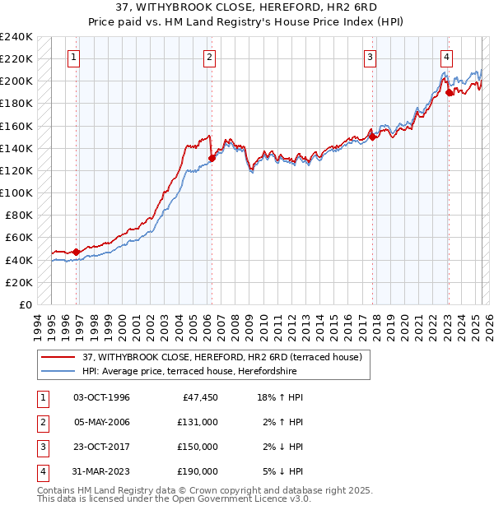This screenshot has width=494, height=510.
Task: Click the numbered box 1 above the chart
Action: pyautogui.click(x=74, y=58)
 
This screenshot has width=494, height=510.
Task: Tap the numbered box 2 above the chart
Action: pyautogui.click(x=210, y=58)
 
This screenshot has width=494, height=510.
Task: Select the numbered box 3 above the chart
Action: pyautogui.click(x=370, y=58)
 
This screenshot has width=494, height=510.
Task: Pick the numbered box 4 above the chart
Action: pyautogui.click(x=446, y=58)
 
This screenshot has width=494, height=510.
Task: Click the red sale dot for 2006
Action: pyautogui.click(x=212, y=159)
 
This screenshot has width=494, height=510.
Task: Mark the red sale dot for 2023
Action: pyautogui.click(x=449, y=93)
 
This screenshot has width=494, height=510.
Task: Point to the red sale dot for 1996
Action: pyautogui.click(x=77, y=252)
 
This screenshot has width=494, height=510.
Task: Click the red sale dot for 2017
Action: pyautogui.click(x=372, y=137)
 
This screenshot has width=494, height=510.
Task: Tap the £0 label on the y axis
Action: pyautogui.click(x=25, y=304)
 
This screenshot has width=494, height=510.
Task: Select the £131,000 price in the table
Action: pyautogui.click(x=198, y=422)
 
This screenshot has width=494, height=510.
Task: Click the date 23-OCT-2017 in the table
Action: pyautogui.click(x=101, y=447)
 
